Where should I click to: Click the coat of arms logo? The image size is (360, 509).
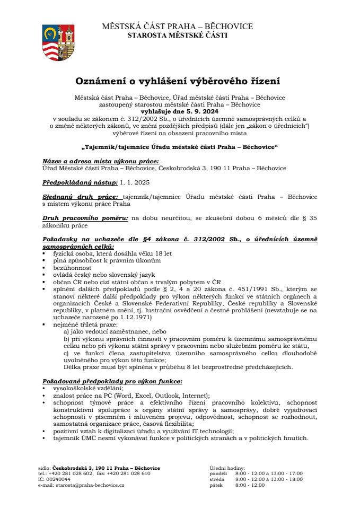58,42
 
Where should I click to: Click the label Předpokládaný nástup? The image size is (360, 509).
80,182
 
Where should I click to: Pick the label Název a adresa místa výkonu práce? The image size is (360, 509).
100,161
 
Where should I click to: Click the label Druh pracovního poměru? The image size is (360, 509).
85,218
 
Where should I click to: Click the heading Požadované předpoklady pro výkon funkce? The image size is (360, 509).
112,381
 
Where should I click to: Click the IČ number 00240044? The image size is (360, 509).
58,479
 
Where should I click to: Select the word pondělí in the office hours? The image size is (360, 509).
218,473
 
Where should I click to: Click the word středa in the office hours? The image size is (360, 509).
217,479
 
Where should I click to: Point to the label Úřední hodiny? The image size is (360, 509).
227,468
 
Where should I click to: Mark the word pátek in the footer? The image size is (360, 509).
216,485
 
